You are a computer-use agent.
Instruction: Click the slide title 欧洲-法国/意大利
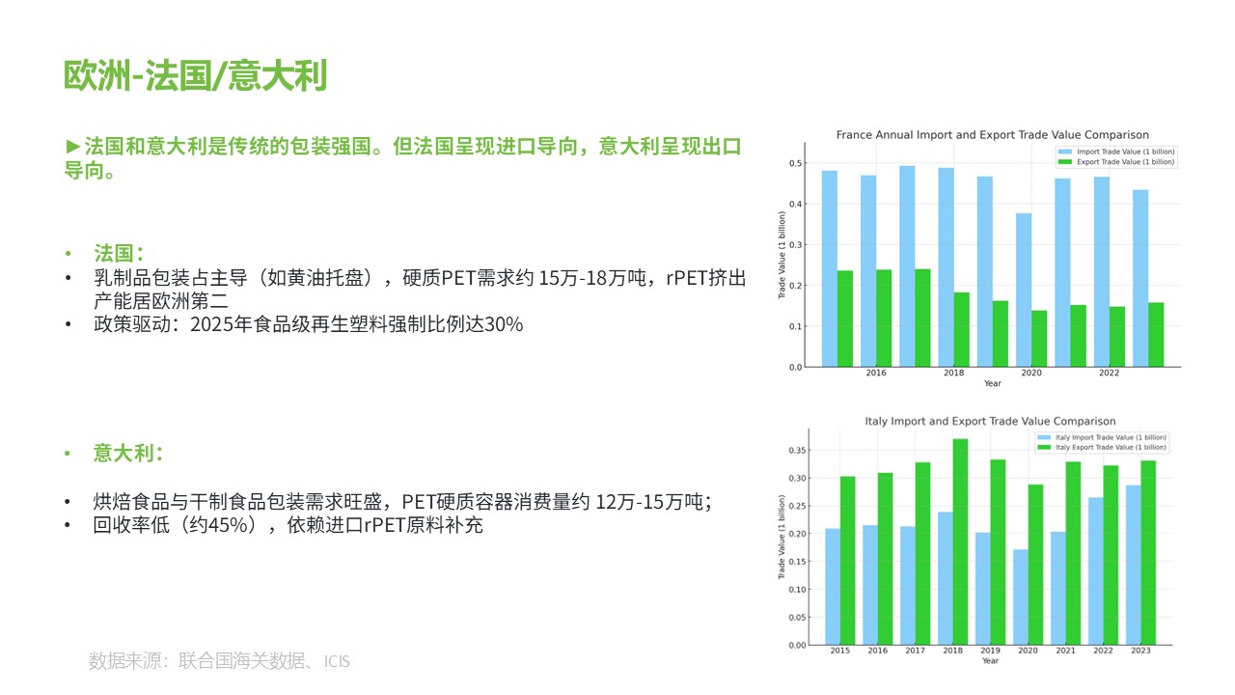coord(196,75)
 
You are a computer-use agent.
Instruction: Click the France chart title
coord(993,135)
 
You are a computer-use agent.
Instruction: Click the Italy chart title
coord(990,422)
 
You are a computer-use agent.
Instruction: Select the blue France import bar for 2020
coord(1024,291)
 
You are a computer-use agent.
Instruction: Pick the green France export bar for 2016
coord(884,319)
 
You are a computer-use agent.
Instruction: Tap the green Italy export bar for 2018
coord(960,542)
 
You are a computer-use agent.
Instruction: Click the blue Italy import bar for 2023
coord(1133,565)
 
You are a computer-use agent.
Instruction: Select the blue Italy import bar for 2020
coord(1021,597)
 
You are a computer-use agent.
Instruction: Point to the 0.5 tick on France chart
coord(795,163)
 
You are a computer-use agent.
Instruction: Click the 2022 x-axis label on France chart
coord(1109,373)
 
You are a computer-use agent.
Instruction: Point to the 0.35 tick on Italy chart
coord(797,450)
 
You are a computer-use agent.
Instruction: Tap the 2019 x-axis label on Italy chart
coord(990,651)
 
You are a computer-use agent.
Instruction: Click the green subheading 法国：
coord(119,253)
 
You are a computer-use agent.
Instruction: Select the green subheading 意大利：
coord(128,454)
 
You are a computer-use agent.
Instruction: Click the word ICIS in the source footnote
coord(337,661)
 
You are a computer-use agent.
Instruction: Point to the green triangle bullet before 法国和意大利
coord(72,147)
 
